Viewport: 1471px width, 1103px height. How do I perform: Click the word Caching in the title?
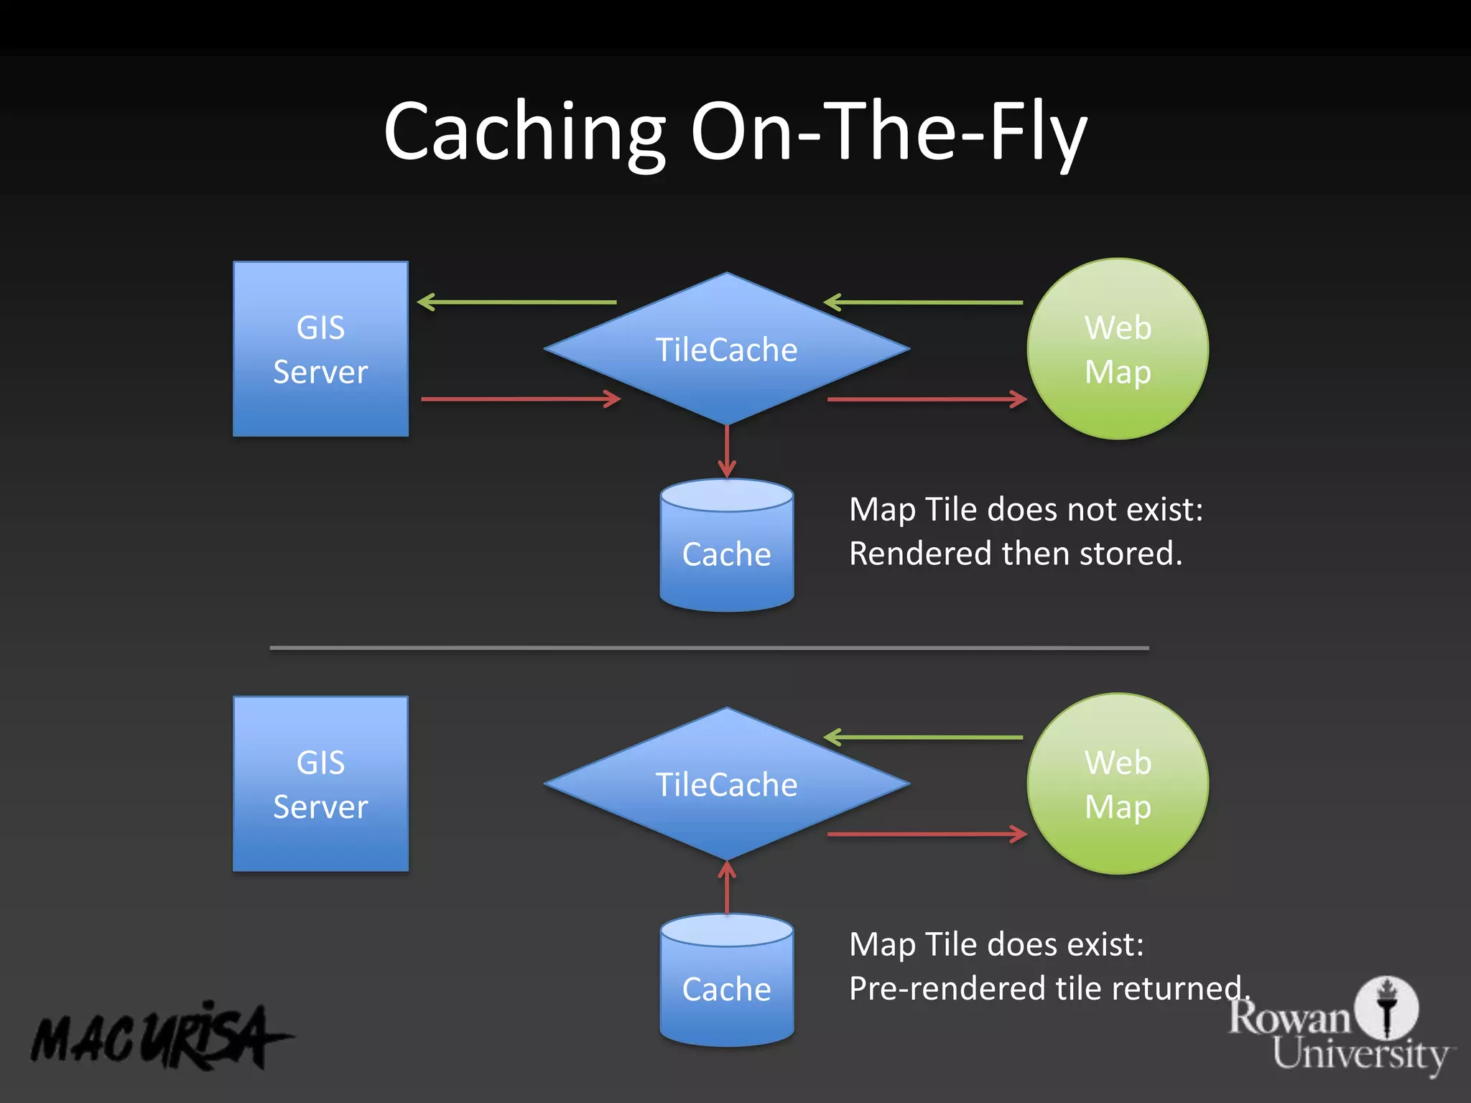click(524, 133)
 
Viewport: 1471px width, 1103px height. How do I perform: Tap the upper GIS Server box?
click(320, 349)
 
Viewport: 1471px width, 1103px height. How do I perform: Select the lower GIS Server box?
click(320, 784)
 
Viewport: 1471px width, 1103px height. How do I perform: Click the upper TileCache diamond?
click(726, 350)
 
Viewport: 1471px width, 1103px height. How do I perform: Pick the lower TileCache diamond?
click(726, 784)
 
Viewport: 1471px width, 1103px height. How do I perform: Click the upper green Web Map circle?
click(1118, 349)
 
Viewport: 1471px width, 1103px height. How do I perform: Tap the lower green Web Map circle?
click(1118, 784)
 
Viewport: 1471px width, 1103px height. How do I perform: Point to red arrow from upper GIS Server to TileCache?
click(521, 399)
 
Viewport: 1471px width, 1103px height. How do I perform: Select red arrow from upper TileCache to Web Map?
click(927, 399)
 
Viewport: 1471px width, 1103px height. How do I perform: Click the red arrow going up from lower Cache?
click(727, 888)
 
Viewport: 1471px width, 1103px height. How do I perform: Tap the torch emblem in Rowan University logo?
click(1386, 1007)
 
